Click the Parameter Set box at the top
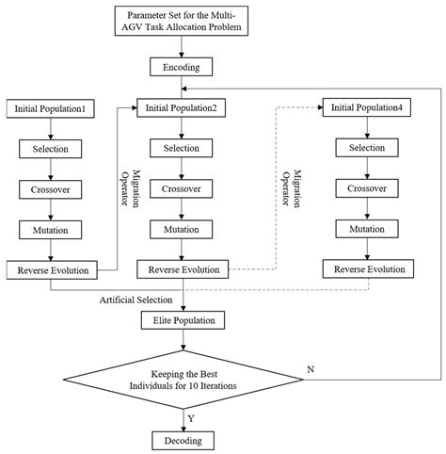coord(183,21)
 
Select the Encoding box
coord(183,67)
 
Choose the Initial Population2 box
coord(183,107)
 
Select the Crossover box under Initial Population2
coord(183,188)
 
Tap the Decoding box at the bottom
coord(183,439)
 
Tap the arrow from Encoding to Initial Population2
coord(183,87)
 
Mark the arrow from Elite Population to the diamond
coord(183,341)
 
